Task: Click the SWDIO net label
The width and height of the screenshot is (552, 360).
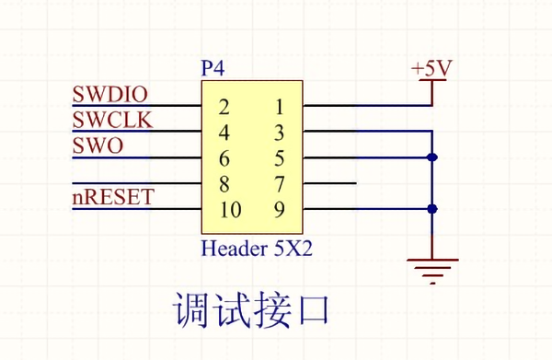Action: click(110, 95)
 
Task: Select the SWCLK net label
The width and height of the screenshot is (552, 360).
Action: click(112, 121)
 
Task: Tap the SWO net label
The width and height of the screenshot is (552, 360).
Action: click(98, 146)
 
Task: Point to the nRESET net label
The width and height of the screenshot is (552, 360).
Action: click(113, 198)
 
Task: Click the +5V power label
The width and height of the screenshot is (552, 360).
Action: click(431, 69)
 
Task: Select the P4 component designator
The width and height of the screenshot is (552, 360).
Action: click(213, 69)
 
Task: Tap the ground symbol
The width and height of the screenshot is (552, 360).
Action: click(432, 268)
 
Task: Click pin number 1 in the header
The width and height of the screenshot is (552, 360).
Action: click(280, 106)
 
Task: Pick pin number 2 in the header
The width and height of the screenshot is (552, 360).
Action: click(224, 106)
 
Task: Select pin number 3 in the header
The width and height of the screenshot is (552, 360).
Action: click(280, 132)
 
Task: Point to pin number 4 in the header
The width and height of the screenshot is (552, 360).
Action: click(224, 132)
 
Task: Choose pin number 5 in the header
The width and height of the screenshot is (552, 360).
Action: click(280, 157)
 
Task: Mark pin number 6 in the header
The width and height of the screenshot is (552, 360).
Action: click(224, 157)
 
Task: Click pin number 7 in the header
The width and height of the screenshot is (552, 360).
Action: click(280, 183)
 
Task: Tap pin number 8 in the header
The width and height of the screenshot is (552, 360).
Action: click(224, 183)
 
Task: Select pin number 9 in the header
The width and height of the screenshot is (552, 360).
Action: click(280, 210)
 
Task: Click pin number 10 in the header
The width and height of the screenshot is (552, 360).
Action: click(230, 210)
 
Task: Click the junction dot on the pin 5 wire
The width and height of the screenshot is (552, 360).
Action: click(432, 157)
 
